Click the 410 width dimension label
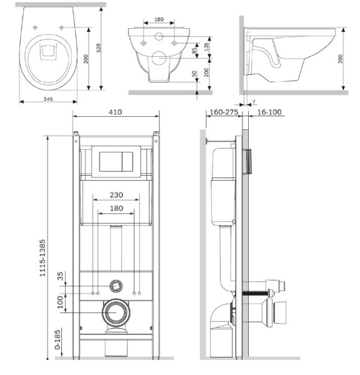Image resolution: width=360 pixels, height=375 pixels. [x=115, y=112]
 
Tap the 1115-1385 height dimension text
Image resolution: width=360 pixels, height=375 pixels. [x=42, y=258]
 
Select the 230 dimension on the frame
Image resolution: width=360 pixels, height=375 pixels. [x=116, y=195]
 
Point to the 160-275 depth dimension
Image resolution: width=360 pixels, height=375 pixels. [x=224, y=112]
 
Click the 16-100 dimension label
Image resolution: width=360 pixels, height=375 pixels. [x=269, y=112]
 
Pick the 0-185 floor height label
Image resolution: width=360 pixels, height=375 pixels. [x=57, y=340]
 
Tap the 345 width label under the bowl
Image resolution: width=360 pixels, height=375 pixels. [x=48, y=99]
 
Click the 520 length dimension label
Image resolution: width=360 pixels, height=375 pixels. [x=98, y=48]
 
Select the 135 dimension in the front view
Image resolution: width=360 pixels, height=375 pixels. [x=207, y=47]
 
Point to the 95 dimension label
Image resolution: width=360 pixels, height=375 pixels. [x=194, y=50]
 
